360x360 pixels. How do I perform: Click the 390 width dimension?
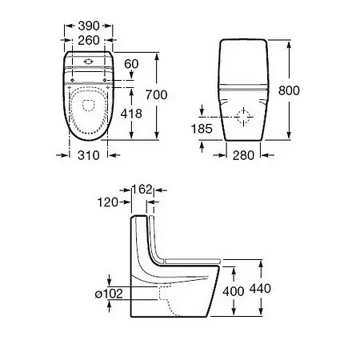point(89,26)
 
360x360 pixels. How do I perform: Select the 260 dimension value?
point(89,40)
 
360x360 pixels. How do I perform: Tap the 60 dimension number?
point(131,64)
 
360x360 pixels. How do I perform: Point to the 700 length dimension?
point(157,95)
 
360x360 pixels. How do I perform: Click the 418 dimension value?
point(131,114)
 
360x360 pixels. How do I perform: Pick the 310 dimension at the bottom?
point(89,155)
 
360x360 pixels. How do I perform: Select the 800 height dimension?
point(289,90)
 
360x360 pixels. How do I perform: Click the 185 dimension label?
point(202,129)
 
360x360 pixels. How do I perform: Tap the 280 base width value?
point(243,155)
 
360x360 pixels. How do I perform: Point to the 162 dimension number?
point(142,190)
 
